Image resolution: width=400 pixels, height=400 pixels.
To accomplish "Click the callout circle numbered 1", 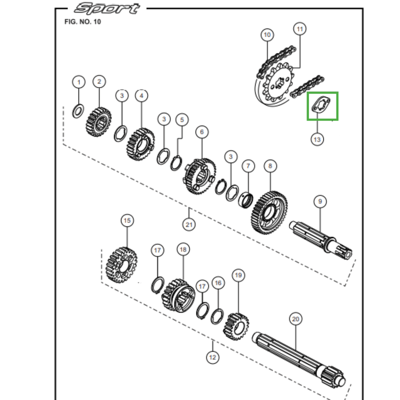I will click(78, 81).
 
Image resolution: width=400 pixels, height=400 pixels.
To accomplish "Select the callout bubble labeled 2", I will click(99, 81).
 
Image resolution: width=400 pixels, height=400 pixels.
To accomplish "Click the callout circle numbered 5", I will click(182, 119).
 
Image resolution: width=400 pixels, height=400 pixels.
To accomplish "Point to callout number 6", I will click(202, 132).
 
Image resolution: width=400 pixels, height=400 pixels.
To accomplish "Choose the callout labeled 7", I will click(248, 165).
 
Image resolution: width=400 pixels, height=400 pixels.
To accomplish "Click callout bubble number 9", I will click(320, 201).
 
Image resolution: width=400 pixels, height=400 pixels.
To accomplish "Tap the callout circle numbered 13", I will click(317, 139).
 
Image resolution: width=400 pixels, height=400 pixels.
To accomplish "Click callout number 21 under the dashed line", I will click(189, 224).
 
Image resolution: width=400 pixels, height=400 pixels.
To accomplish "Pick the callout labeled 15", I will click(127, 220).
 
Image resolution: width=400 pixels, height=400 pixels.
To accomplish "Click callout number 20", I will click(295, 319).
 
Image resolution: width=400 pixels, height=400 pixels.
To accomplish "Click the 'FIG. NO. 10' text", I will click(82, 22).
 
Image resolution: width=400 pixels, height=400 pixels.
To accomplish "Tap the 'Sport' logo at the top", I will click(106, 8).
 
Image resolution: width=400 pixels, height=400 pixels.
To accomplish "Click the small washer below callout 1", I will click(78, 110).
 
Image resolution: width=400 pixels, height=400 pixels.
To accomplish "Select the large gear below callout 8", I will click(270, 211).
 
